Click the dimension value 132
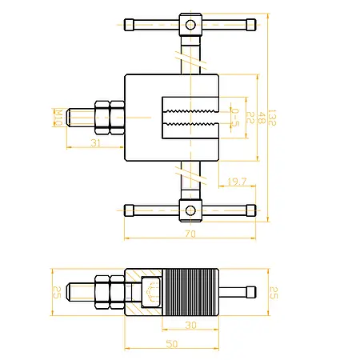[x=272, y=118]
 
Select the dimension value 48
[x=262, y=118]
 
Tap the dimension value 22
[x=250, y=118]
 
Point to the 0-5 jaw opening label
[x=235, y=118]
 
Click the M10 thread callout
[x=58, y=118]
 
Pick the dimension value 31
[x=96, y=143]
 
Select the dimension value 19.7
[x=237, y=182]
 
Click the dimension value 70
[x=190, y=234]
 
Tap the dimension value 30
[x=190, y=325]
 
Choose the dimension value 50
[x=172, y=344]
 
